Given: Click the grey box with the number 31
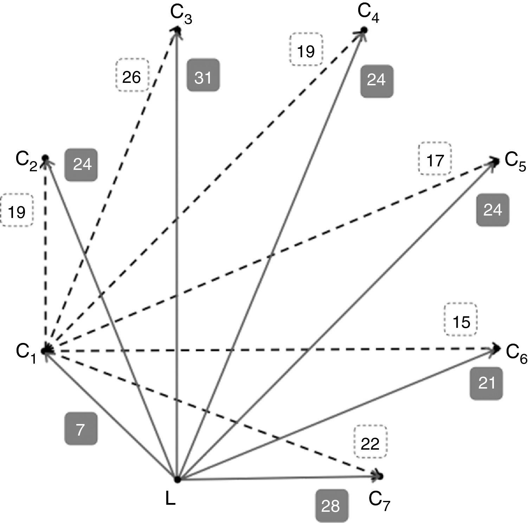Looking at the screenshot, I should pyautogui.click(x=203, y=75).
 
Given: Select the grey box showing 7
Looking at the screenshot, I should pyautogui.click(x=81, y=429).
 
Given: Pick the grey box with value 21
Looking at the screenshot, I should pyautogui.click(x=486, y=383).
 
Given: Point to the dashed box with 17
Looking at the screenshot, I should pyautogui.click(x=435, y=159).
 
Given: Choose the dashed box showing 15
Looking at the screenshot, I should pyautogui.click(x=461, y=319).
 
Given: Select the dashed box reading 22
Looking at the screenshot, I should pyautogui.click(x=370, y=442).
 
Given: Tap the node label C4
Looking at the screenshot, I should pyautogui.click(x=368, y=13).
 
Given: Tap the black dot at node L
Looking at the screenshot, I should pyautogui.click(x=178, y=479).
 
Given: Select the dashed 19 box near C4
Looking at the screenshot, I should pyautogui.click(x=306, y=49).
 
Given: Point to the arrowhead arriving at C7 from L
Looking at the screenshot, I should pyautogui.click(x=379, y=476).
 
